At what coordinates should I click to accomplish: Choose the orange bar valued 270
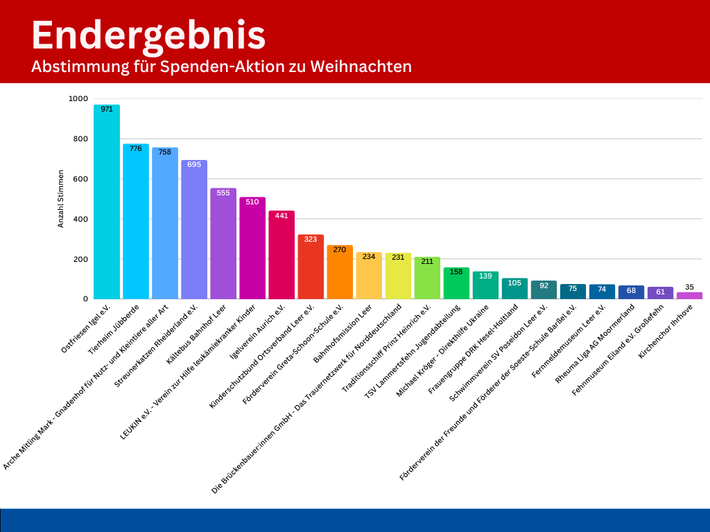tap(340, 274)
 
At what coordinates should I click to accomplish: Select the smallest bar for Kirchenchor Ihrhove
tap(689, 296)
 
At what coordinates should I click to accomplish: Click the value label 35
tap(689, 287)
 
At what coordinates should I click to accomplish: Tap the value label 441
tap(282, 216)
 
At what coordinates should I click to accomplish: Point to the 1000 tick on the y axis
tap(78, 99)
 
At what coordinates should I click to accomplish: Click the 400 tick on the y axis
tap(80, 220)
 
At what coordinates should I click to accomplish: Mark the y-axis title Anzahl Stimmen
tap(60, 199)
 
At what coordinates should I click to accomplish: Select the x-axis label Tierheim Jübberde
tap(114, 329)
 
